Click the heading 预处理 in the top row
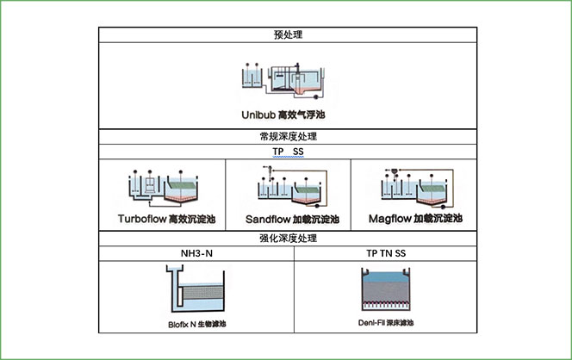(x=286, y=35)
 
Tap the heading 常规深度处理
(x=286, y=137)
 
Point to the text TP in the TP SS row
(x=278, y=152)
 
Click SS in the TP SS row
(x=298, y=152)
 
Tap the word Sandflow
(x=269, y=220)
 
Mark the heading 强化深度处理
(x=286, y=239)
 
